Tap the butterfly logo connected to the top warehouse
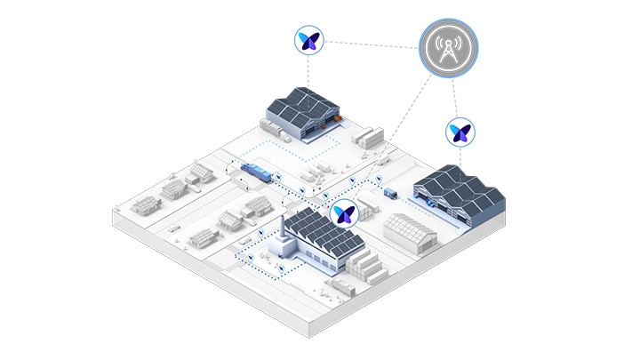coord(309,39)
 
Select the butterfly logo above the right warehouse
coord(460,132)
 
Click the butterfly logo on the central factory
coord(343,213)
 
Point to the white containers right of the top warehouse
coord(372,136)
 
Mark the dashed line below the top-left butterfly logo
coord(309,71)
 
